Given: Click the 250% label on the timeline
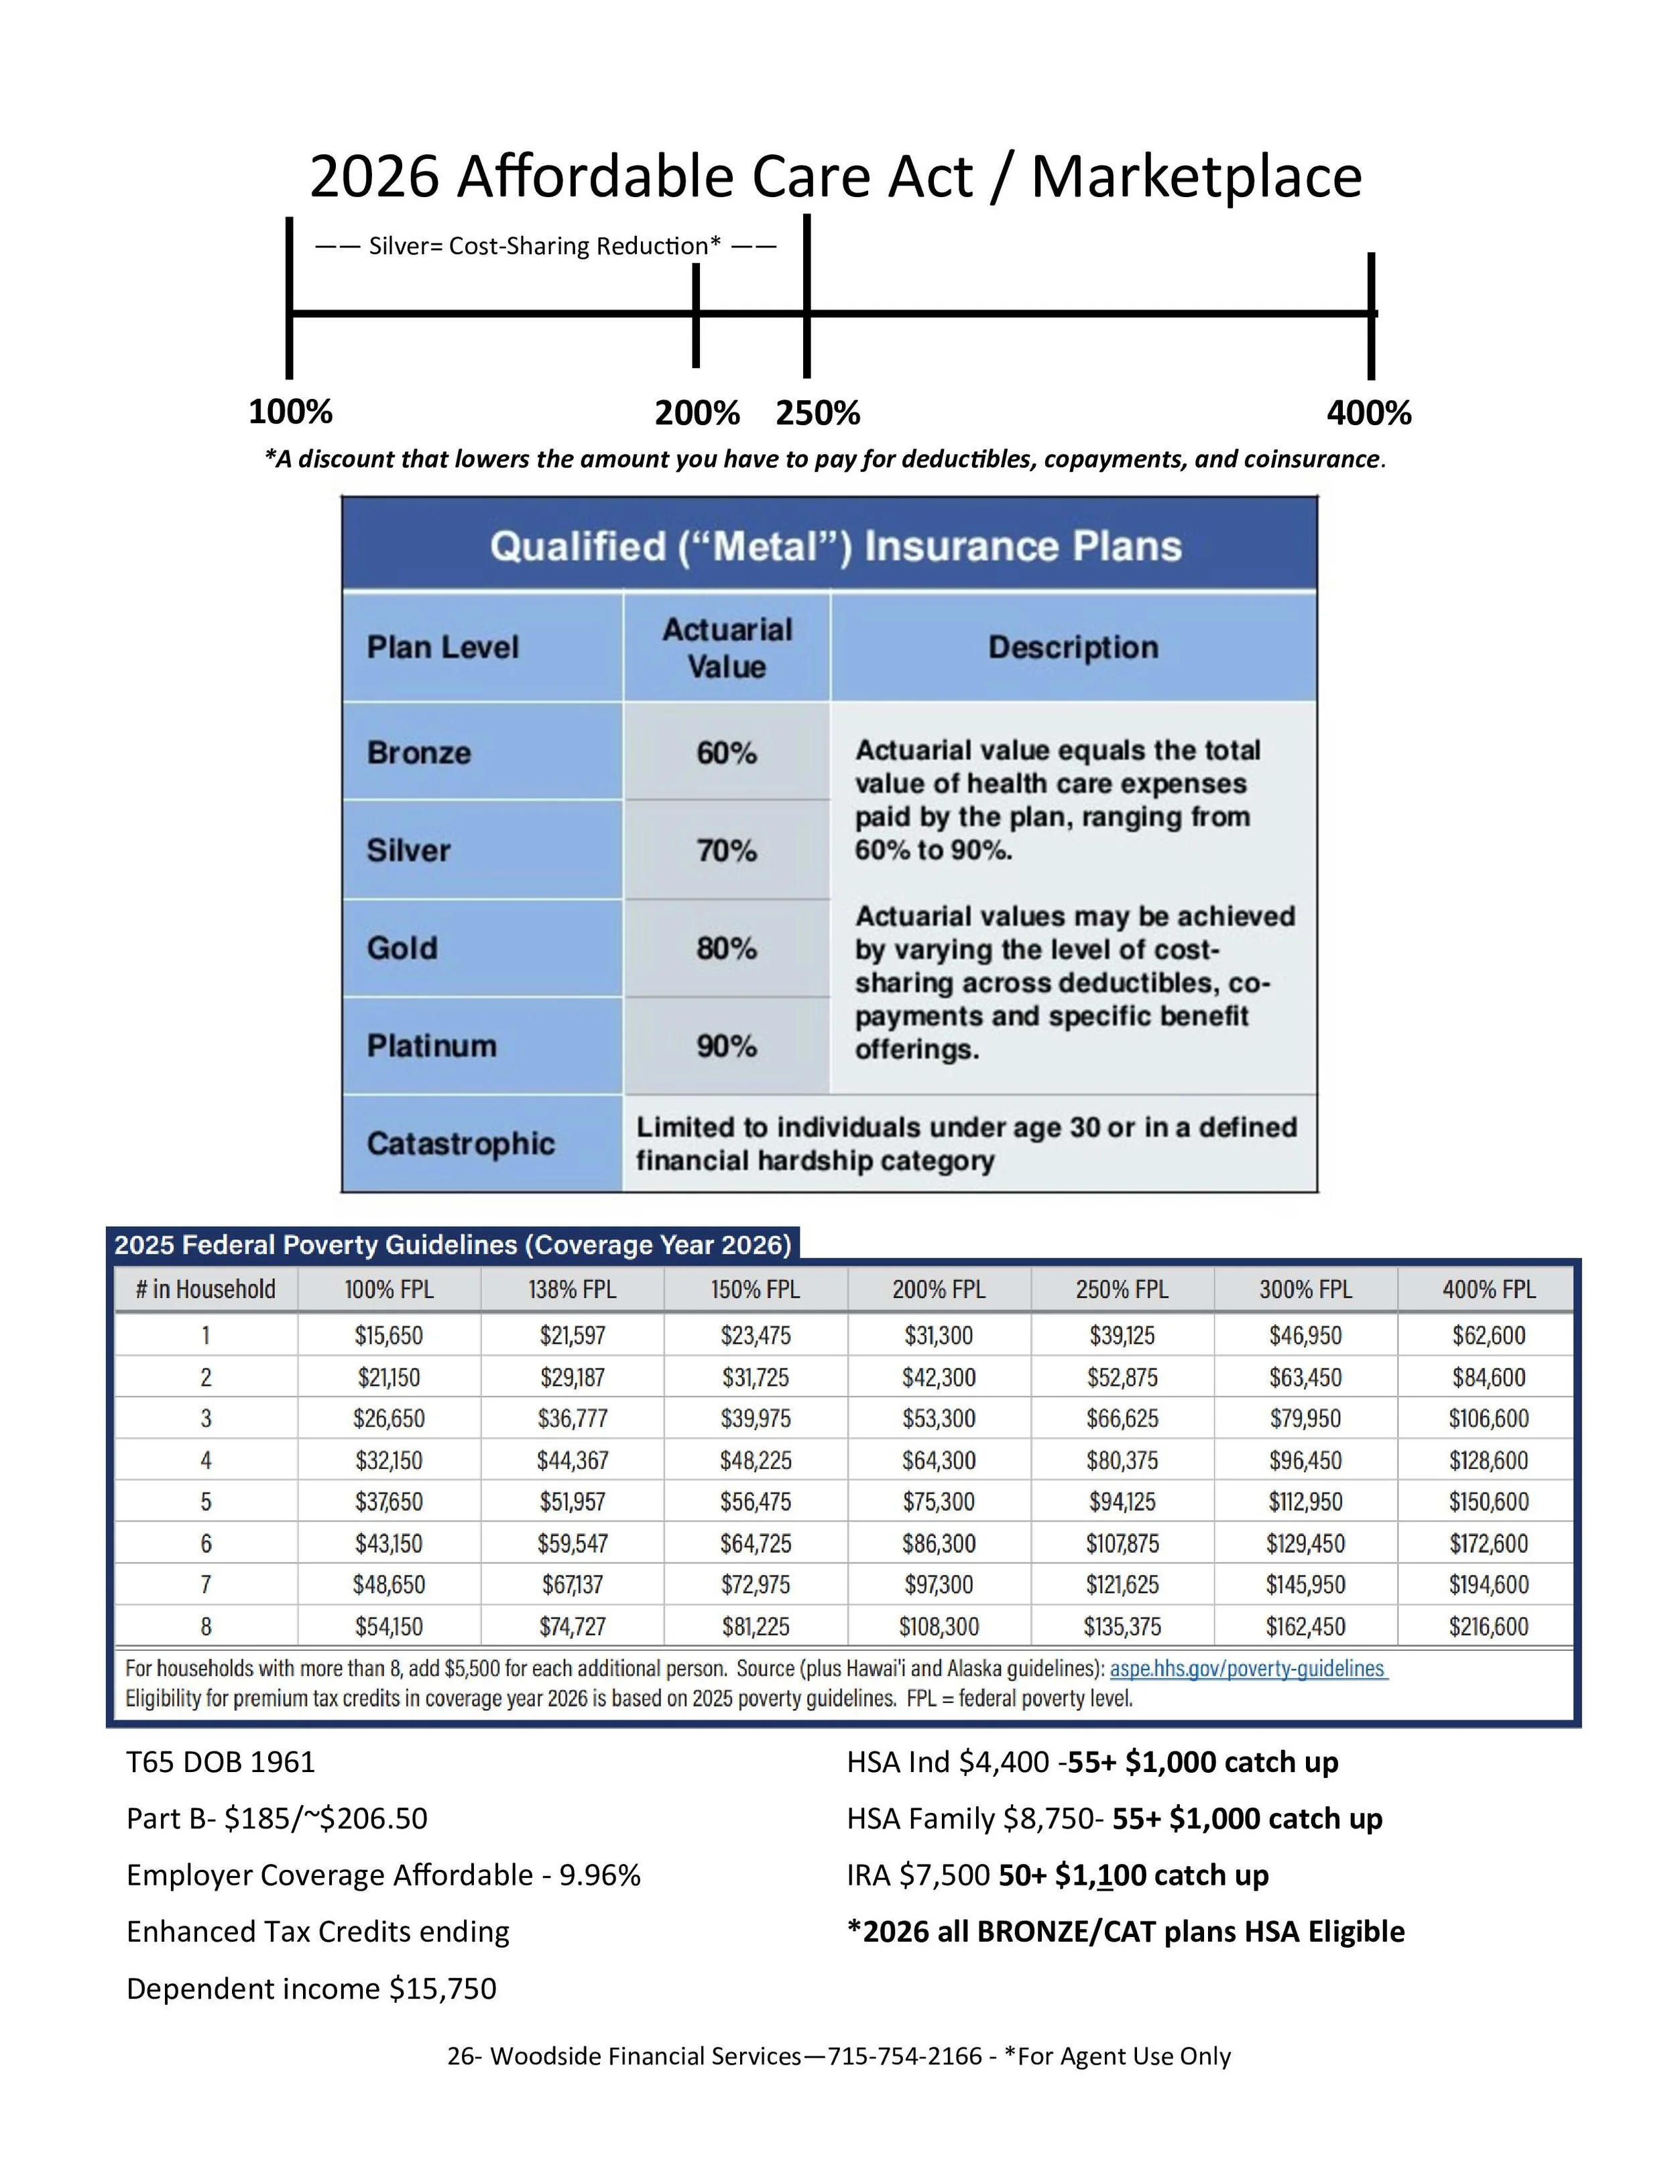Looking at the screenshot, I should pos(817,413).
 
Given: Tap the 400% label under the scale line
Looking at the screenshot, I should pos(1368,413).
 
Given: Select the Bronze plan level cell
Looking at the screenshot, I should pos(419,753).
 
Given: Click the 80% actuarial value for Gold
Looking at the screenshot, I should pos(726,949).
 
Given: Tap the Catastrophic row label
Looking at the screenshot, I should pos(460,1143).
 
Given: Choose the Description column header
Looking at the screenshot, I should pos(1073,648).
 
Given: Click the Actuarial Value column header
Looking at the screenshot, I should pos(727,648).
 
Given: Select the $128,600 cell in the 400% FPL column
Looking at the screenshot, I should pos(1488,1461).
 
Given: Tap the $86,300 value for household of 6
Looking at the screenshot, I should pos(939,1543).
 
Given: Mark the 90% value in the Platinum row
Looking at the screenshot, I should pos(726,1046).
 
